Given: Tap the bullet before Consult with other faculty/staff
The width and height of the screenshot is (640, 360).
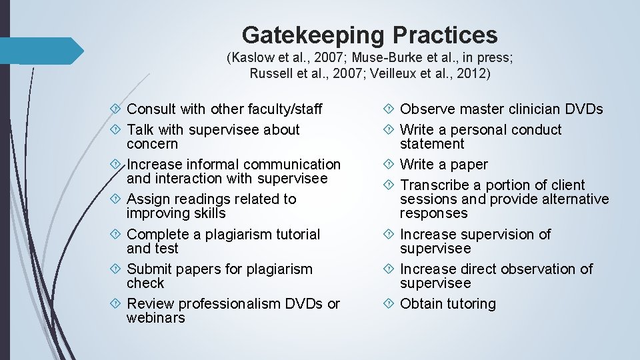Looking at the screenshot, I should (117, 109).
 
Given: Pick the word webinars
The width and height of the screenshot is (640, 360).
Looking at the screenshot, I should (155, 318).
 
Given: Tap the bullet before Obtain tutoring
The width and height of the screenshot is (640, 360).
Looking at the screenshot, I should (390, 303).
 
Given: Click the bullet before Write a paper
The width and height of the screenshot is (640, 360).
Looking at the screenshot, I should (390, 164).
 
